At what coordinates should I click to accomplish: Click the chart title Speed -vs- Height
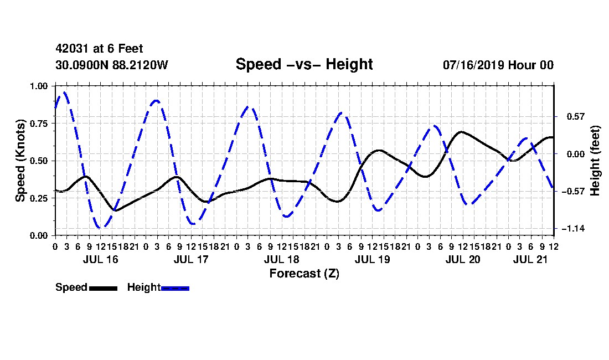point(304,64)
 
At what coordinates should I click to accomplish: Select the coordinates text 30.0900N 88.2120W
point(112,65)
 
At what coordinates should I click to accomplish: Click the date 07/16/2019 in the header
point(473,65)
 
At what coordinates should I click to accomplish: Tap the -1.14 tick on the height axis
point(573,229)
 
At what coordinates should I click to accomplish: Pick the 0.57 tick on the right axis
point(576,116)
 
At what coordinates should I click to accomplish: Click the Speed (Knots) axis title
point(20,161)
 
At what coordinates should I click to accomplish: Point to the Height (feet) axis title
point(595,161)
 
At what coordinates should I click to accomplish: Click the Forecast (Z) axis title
point(304,274)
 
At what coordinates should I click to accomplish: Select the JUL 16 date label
point(101,259)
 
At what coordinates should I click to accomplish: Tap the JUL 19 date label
point(373,259)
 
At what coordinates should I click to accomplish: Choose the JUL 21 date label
point(530,259)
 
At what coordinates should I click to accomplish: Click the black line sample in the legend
point(103,288)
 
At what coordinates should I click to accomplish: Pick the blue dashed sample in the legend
point(175,288)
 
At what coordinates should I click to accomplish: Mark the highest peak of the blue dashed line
point(64,92)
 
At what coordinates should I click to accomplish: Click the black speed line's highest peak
point(461,132)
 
